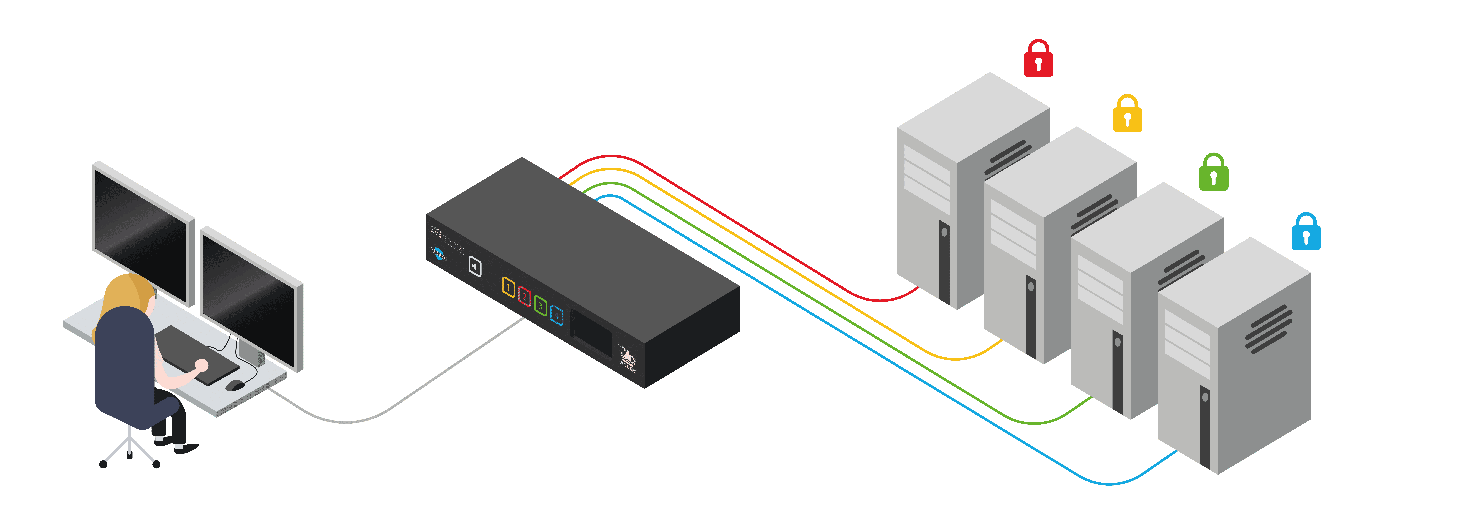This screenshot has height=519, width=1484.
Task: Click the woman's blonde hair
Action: pos(124,294)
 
